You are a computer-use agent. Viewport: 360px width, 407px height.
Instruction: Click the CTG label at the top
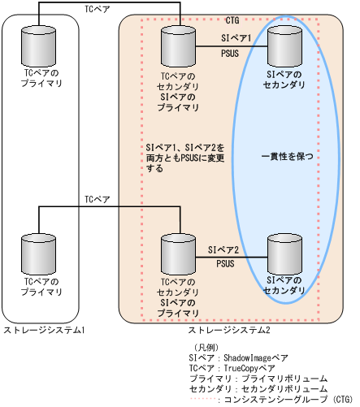pyautogui.click(x=232, y=19)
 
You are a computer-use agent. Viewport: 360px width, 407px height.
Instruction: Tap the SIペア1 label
pyautogui.click(x=237, y=37)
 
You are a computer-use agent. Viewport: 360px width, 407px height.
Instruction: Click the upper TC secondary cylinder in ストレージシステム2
pyautogui.click(x=176, y=46)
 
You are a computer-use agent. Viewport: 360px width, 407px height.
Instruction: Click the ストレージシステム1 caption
pyautogui.click(x=45, y=329)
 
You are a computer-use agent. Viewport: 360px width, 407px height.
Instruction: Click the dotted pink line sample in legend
pyautogui.click(x=202, y=400)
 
